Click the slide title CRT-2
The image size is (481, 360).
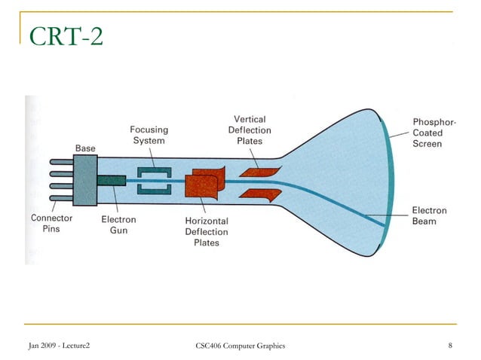(x=65, y=35)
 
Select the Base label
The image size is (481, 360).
(x=85, y=148)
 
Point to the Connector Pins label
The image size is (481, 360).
(x=52, y=224)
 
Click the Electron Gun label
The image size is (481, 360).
(x=118, y=224)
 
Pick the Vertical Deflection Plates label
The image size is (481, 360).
(x=250, y=130)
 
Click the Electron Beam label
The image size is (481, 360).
(x=429, y=216)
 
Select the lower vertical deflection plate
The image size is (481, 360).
(x=256, y=194)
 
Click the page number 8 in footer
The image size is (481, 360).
(x=449, y=346)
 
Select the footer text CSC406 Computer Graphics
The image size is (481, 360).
(x=240, y=346)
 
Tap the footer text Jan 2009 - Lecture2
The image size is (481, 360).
(x=59, y=346)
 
